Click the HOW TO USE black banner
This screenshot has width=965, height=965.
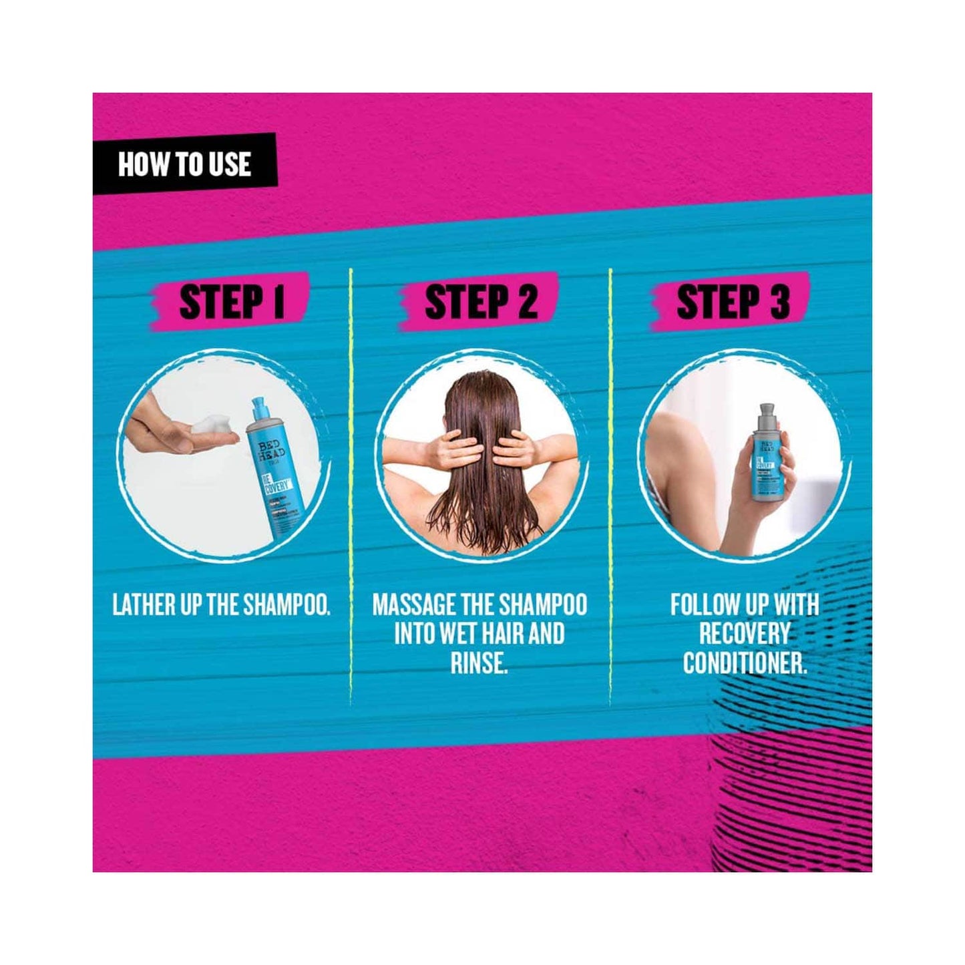click(184, 164)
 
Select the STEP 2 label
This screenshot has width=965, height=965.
click(481, 303)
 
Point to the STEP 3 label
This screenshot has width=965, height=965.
click(733, 303)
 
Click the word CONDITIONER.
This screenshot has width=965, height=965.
click(744, 663)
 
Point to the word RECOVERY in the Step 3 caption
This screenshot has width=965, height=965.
click(744, 634)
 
